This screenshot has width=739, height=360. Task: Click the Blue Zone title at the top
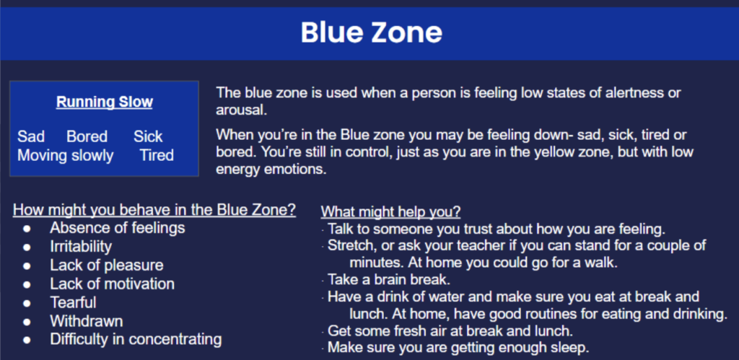pyautogui.click(x=372, y=32)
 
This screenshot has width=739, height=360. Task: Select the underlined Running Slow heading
pyautogui.click(x=104, y=102)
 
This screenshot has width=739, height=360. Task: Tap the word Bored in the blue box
pyautogui.click(x=87, y=136)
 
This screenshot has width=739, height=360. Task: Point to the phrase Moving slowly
pyautogui.click(x=66, y=156)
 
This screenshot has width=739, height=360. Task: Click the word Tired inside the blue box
pyautogui.click(x=157, y=156)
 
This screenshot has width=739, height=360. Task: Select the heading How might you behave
pyautogui.click(x=154, y=210)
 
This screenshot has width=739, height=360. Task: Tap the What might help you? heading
pyautogui.click(x=390, y=212)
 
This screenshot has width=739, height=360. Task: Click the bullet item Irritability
pyautogui.click(x=81, y=247)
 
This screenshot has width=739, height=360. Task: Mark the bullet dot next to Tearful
pyautogui.click(x=27, y=302)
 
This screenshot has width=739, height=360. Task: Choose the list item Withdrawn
pyautogui.click(x=87, y=321)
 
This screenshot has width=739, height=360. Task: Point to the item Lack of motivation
pyautogui.click(x=112, y=284)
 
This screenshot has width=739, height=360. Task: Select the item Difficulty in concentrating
pyautogui.click(x=136, y=339)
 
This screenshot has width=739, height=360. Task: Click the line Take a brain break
pyautogui.click(x=389, y=279)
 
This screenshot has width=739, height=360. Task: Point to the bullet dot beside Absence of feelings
pyautogui.click(x=27, y=229)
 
